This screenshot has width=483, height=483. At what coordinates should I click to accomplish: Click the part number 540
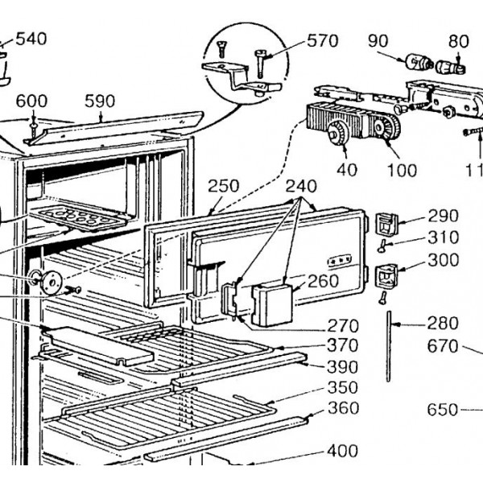[x=31, y=39]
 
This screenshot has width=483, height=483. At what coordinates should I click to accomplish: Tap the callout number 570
[x=322, y=40]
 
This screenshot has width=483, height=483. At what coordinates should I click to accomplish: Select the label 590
[x=100, y=101]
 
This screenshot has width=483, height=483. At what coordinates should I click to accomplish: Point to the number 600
[x=32, y=101]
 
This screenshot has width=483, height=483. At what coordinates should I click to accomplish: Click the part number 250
[x=223, y=186]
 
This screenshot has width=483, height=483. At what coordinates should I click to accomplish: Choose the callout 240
[x=301, y=185]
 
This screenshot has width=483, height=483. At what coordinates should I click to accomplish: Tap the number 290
[x=443, y=216]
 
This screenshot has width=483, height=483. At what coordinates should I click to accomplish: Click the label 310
[x=443, y=237]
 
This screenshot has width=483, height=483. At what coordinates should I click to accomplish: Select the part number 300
[x=443, y=260]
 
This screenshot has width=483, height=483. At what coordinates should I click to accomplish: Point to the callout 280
[x=443, y=324]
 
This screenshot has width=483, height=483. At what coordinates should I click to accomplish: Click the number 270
[x=342, y=326]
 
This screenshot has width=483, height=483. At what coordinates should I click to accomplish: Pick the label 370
[x=342, y=345]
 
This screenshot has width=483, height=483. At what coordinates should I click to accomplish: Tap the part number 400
[x=342, y=452]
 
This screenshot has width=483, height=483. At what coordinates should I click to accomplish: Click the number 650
[x=442, y=409]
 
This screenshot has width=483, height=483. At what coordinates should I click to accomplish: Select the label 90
[x=378, y=40]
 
